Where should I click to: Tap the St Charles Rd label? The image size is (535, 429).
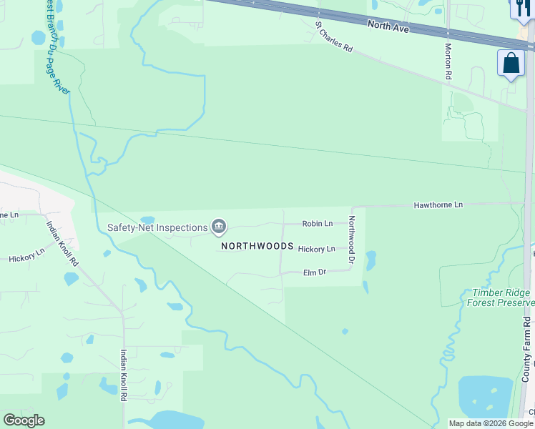click(x=335, y=37)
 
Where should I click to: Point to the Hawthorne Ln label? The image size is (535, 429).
click(x=438, y=205)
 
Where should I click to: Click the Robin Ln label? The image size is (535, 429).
click(x=317, y=224)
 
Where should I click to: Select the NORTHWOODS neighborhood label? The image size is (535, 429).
click(x=257, y=246)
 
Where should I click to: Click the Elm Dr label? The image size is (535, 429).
click(x=314, y=272)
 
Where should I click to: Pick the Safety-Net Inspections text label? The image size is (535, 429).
click(x=157, y=228)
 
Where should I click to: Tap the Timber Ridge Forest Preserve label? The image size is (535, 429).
click(x=501, y=298)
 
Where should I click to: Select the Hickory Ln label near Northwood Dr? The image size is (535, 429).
click(x=316, y=250)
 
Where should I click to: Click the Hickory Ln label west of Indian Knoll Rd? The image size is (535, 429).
click(x=26, y=255)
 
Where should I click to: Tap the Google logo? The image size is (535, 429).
click(x=24, y=420)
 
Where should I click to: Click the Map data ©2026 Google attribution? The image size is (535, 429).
click(x=491, y=423)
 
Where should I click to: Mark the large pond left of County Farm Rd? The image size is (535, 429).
click(x=486, y=396)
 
